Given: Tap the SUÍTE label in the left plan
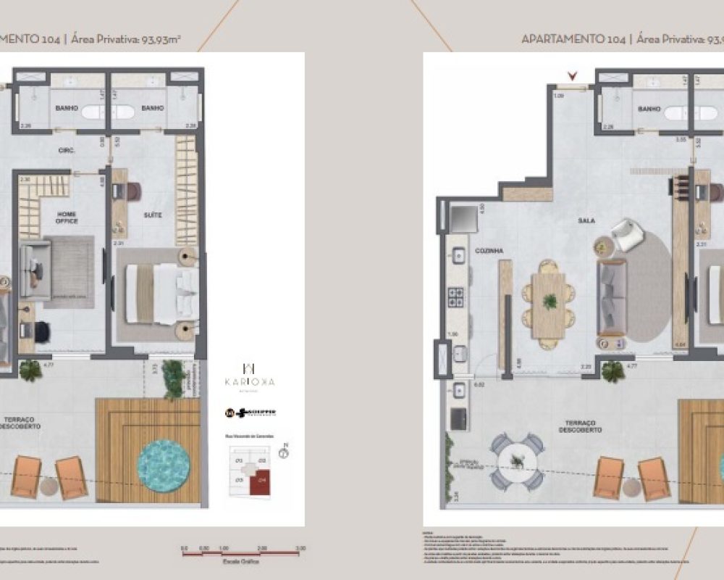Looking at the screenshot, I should tap(151, 215).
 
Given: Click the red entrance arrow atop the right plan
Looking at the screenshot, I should tap(574, 75).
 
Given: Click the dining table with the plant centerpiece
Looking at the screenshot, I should tap(550, 301).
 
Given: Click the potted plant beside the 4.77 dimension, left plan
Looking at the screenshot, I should tap(31, 370).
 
